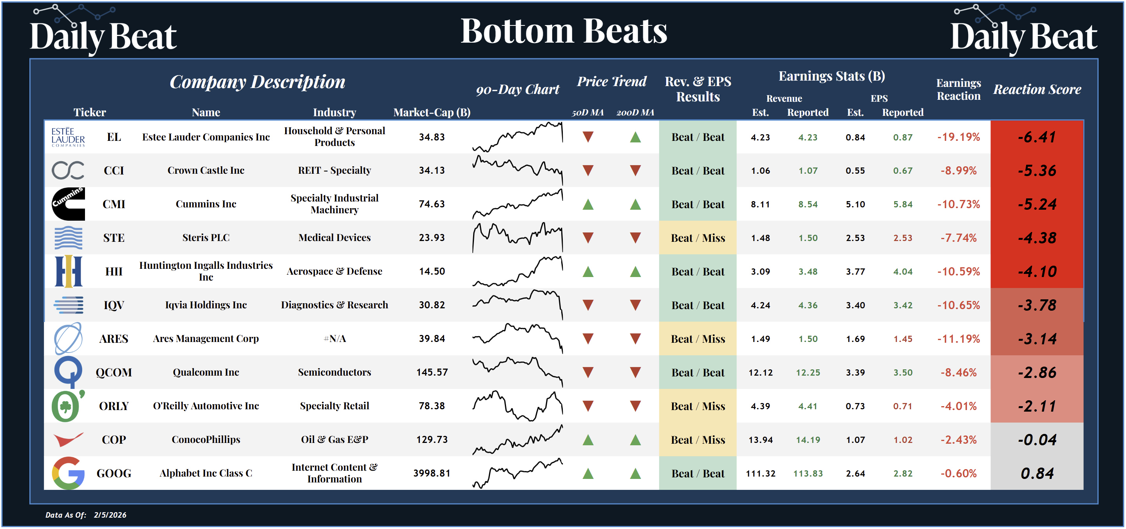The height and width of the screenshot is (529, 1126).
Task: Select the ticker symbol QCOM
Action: (x=114, y=372)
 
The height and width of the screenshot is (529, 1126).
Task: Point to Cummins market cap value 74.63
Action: (x=432, y=204)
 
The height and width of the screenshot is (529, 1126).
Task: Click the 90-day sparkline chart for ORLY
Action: (x=517, y=406)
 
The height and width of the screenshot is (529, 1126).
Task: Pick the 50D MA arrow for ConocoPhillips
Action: (x=588, y=440)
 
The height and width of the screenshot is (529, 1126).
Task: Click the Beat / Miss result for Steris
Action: (x=698, y=238)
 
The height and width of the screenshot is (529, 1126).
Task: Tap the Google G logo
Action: (x=68, y=473)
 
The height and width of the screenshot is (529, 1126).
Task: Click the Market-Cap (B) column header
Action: (x=432, y=113)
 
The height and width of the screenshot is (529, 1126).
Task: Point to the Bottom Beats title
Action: (x=564, y=31)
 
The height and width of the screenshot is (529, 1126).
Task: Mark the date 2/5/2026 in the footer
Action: (x=110, y=515)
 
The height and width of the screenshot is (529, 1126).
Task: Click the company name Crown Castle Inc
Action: (x=206, y=170)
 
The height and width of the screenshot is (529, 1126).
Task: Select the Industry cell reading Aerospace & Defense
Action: (x=334, y=272)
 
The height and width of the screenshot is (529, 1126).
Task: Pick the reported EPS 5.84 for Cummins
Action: (x=903, y=204)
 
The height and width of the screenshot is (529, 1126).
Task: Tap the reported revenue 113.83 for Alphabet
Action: (x=808, y=473)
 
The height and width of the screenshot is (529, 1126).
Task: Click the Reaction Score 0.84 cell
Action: (x=1037, y=473)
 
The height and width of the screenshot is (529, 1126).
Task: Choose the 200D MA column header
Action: (x=635, y=113)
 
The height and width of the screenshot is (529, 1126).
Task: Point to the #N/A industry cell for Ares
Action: (x=334, y=339)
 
